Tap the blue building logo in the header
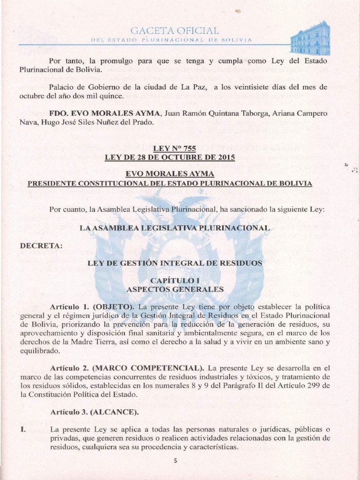click(x=310, y=38)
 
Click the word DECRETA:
click(x=41, y=245)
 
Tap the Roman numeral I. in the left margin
click(x=23, y=429)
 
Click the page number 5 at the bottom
click(x=175, y=460)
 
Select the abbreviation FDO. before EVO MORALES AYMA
click(x=59, y=114)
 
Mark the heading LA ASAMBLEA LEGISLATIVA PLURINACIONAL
click(x=175, y=227)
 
